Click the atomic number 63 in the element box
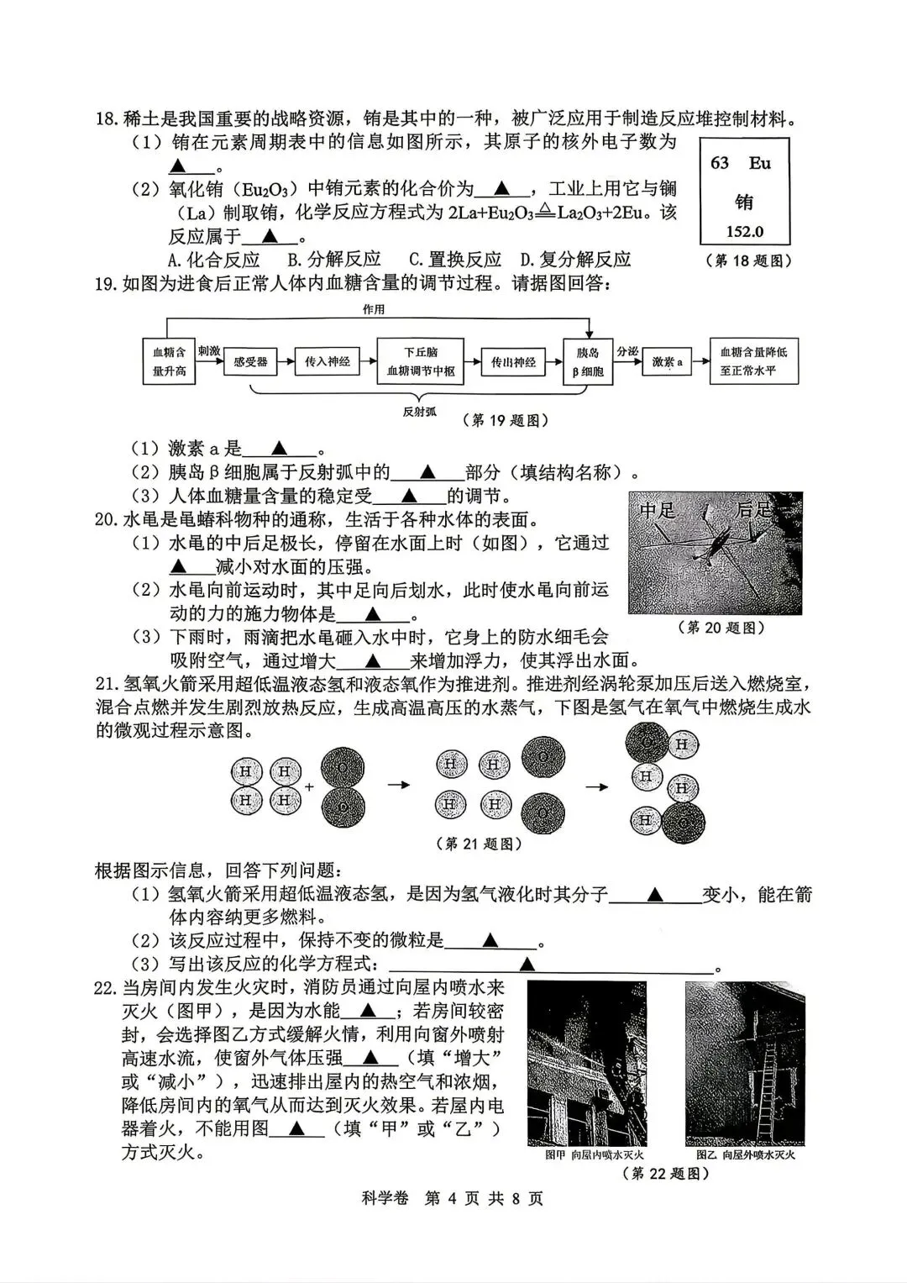tap(720, 163)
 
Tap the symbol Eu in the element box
tap(760, 163)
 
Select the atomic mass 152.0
tap(744, 232)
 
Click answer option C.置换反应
tap(454, 260)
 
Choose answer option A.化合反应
tap(214, 260)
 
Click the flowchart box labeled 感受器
tap(250, 362)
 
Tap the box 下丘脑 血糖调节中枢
tap(420, 362)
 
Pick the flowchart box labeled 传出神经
tap(513, 362)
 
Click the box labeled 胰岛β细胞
tap(588, 362)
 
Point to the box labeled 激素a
tap(668, 362)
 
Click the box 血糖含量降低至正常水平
tap(753, 362)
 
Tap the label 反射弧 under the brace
tap(419, 412)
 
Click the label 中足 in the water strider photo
tap(658, 510)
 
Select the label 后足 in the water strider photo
tap(753, 510)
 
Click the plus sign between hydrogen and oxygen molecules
tap(309, 787)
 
